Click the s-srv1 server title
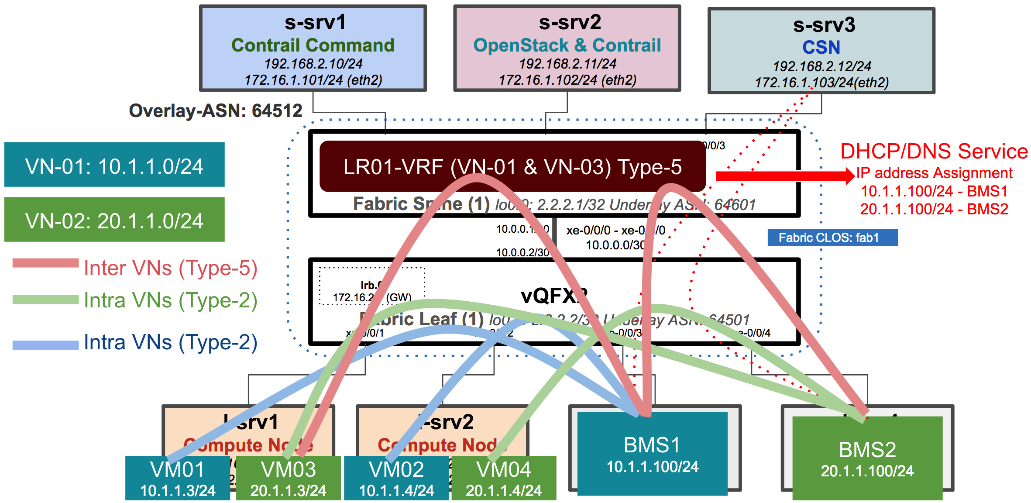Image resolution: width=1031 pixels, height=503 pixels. pyautogui.click(x=315, y=23)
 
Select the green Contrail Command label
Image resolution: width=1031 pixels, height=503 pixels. pyautogui.click(x=313, y=45)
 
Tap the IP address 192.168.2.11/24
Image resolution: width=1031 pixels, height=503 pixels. pyautogui.click(x=567, y=64)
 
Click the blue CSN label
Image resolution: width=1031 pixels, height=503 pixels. pyautogui.click(x=821, y=47)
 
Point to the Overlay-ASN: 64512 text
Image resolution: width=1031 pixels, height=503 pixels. pyautogui.click(x=216, y=111)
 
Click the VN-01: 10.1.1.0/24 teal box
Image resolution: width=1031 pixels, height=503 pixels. pyautogui.click(x=114, y=165)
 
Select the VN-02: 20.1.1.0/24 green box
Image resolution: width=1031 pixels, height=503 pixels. pyautogui.click(x=114, y=220)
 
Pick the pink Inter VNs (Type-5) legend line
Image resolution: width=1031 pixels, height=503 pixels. pyautogui.click(x=45, y=263)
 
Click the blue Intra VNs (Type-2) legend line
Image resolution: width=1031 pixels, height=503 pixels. pyautogui.click(x=45, y=345)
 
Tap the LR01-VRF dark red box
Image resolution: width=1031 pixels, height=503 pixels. pyautogui.click(x=512, y=166)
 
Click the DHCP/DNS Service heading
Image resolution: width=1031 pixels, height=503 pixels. pyautogui.click(x=934, y=152)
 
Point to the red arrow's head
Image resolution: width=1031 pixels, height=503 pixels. pyautogui.click(x=849, y=176)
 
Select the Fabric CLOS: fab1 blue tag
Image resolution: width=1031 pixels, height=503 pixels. pyautogui.click(x=832, y=238)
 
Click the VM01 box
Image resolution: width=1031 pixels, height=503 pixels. pyautogui.click(x=177, y=478)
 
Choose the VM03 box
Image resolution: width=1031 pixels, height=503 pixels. pyautogui.click(x=288, y=478)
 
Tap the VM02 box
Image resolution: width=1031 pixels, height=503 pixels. pyautogui.click(x=396, y=478)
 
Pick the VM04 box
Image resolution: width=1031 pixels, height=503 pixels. pyautogui.click(x=504, y=478)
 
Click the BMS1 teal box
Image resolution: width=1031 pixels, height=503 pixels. pyautogui.click(x=652, y=454)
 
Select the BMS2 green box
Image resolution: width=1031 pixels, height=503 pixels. pyautogui.click(x=867, y=458)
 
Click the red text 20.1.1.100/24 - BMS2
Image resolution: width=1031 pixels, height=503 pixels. pyautogui.click(x=934, y=209)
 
